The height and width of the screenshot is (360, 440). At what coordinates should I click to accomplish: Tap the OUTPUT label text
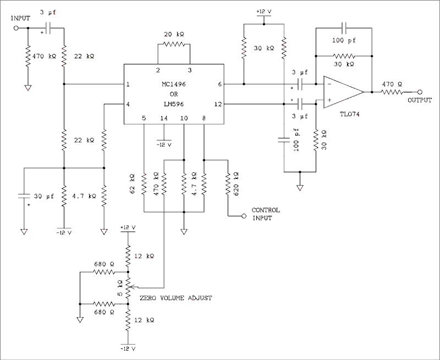420,100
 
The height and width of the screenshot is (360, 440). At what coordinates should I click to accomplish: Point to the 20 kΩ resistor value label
173,34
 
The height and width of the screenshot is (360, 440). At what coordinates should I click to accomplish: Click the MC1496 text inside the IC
173,84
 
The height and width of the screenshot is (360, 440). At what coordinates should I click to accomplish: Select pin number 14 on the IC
163,118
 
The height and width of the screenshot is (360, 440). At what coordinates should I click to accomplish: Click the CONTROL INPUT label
265,214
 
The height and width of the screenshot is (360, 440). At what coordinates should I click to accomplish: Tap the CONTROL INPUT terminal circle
243,217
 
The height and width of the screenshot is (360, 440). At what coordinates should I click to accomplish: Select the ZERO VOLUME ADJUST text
176,298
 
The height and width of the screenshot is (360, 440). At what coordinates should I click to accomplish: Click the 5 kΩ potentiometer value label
120,287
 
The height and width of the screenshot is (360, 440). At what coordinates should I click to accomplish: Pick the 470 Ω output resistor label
392,84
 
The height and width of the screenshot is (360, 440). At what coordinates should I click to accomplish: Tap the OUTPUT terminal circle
420,91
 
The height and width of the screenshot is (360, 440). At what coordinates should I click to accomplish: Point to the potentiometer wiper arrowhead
134,287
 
